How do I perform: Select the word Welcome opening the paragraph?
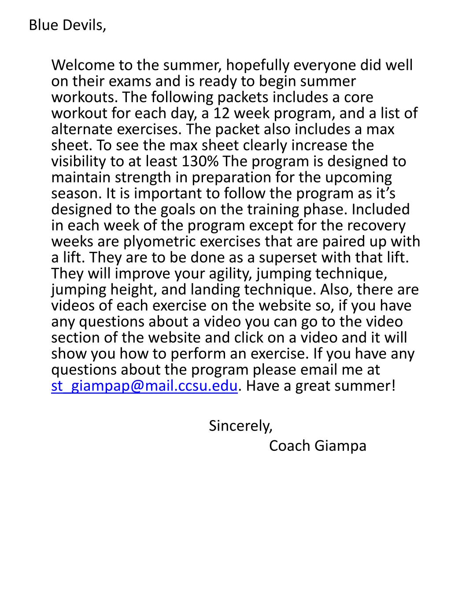[x=83, y=65]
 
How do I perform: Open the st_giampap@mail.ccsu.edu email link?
[x=144, y=386]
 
